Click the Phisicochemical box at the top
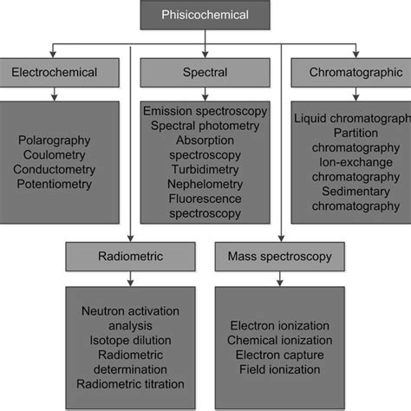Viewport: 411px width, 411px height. pyautogui.click(x=205, y=15)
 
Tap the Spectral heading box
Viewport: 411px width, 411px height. pyautogui.click(x=205, y=74)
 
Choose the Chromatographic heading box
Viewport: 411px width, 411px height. pyautogui.click(x=350, y=74)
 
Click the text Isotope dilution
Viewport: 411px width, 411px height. pyautogui.click(x=127, y=337)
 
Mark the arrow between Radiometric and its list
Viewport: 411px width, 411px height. pyautogui.click(x=128, y=279)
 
